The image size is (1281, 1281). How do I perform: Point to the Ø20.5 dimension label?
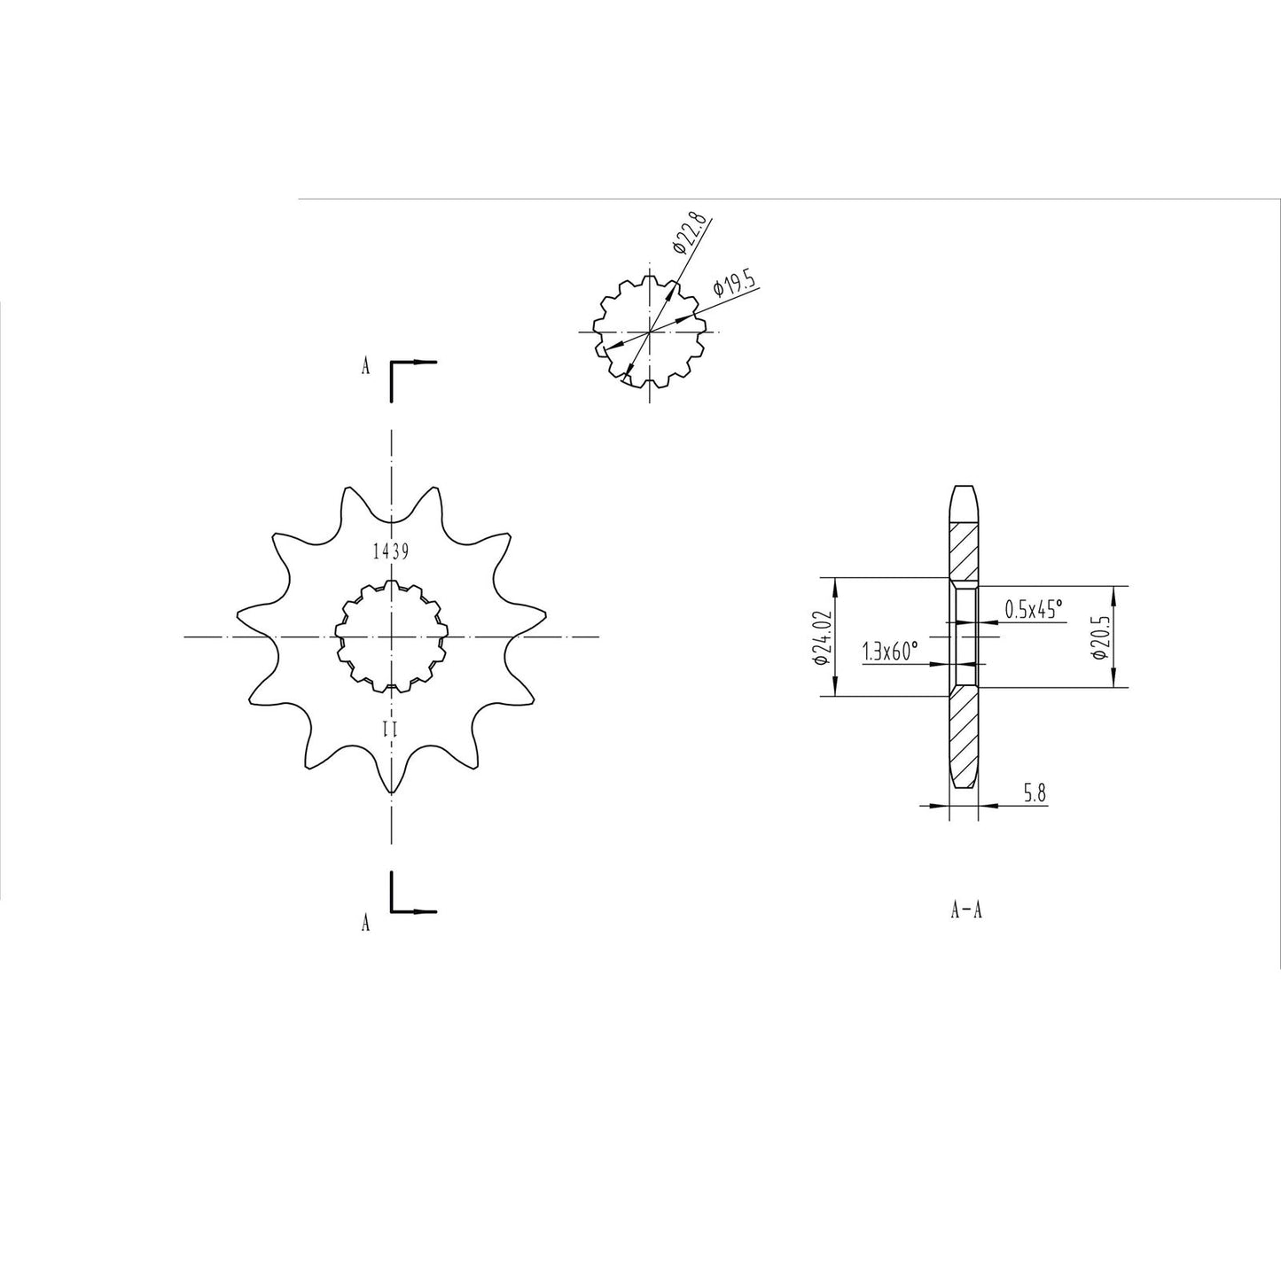click(1098, 637)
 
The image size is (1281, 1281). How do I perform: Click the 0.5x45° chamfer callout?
click(1033, 609)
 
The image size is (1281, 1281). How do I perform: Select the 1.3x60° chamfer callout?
click(890, 652)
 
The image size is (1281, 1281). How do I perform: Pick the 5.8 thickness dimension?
click(1035, 793)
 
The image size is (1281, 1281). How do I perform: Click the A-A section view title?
click(965, 910)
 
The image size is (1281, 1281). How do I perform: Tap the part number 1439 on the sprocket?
click(390, 551)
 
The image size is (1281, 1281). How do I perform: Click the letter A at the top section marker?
click(365, 367)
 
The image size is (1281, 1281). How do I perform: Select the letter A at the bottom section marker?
click(365, 924)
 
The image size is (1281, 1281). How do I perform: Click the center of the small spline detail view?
click(651, 332)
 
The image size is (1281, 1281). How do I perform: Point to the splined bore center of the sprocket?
click(390, 637)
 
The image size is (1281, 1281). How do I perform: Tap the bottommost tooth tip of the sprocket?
click(390, 790)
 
